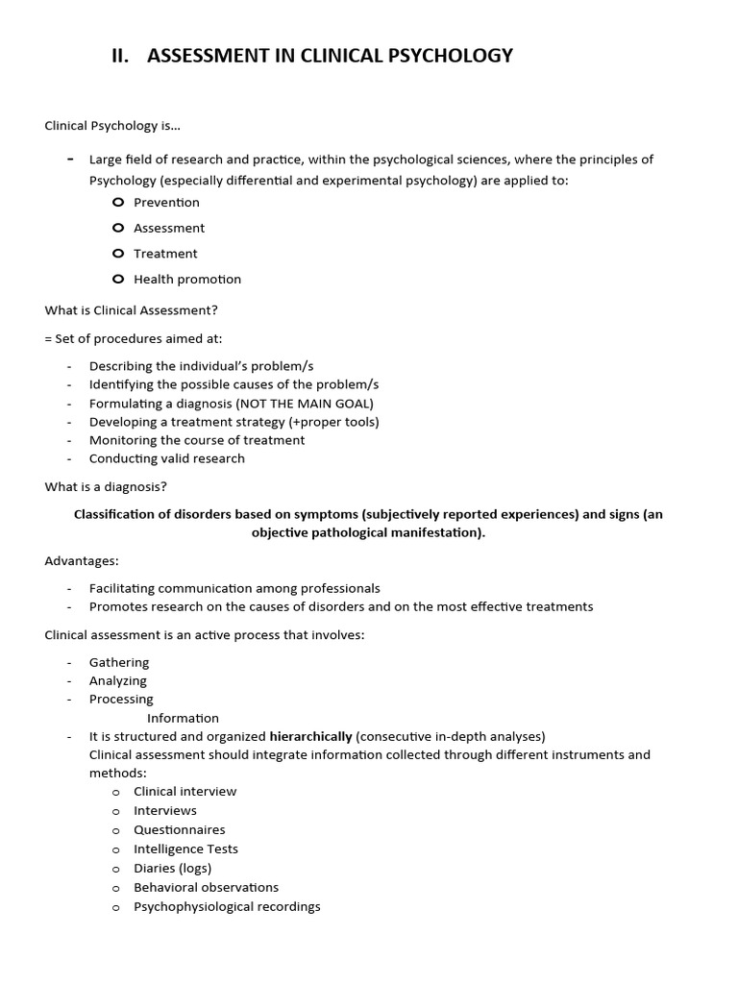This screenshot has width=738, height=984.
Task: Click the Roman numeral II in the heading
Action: coord(120,56)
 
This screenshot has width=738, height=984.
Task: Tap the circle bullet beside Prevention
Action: coord(117,202)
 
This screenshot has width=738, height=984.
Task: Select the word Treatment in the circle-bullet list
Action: coord(165,254)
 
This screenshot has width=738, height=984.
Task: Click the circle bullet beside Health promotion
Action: coord(117,280)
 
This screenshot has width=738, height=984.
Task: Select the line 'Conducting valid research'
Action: coord(166,458)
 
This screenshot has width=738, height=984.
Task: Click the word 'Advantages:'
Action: coord(82,560)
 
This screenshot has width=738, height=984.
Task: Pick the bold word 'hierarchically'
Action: coord(310,737)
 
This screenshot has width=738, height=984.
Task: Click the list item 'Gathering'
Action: coord(119,663)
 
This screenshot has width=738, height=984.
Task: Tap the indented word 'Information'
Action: coord(183,718)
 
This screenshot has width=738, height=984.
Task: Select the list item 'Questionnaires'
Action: coord(179,830)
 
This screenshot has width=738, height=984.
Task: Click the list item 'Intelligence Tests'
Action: coord(185,849)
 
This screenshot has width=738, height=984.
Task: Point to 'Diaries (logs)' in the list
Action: coord(172,869)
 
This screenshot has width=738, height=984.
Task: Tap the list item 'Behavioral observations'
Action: coord(206,888)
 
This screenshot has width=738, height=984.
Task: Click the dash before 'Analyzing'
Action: coord(69,681)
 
